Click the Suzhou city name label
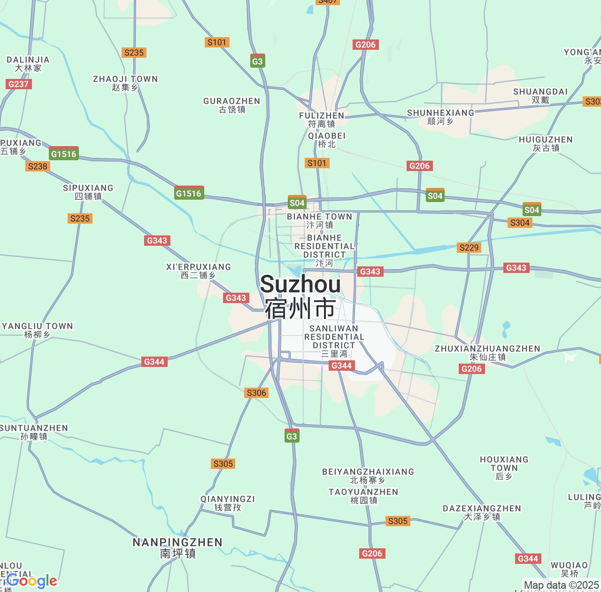click(300, 296)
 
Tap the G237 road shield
click(18, 84)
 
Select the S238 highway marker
click(38, 166)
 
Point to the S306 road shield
click(256, 393)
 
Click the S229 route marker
click(469, 248)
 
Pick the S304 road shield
click(520, 223)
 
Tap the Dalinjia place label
click(28, 64)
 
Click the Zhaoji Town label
click(125, 83)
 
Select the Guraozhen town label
click(232, 105)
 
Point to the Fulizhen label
click(322, 120)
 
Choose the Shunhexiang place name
click(440, 117)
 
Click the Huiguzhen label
click(546, 144)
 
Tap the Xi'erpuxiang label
click(199, 271)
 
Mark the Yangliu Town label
click(37, 330)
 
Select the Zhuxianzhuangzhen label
click(487, 352)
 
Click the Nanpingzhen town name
click(177, 548)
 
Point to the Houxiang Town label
click(504, 468)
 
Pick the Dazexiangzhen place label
click(482, 513)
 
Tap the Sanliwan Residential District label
click(334, 341)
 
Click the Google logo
click(32, 581)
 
